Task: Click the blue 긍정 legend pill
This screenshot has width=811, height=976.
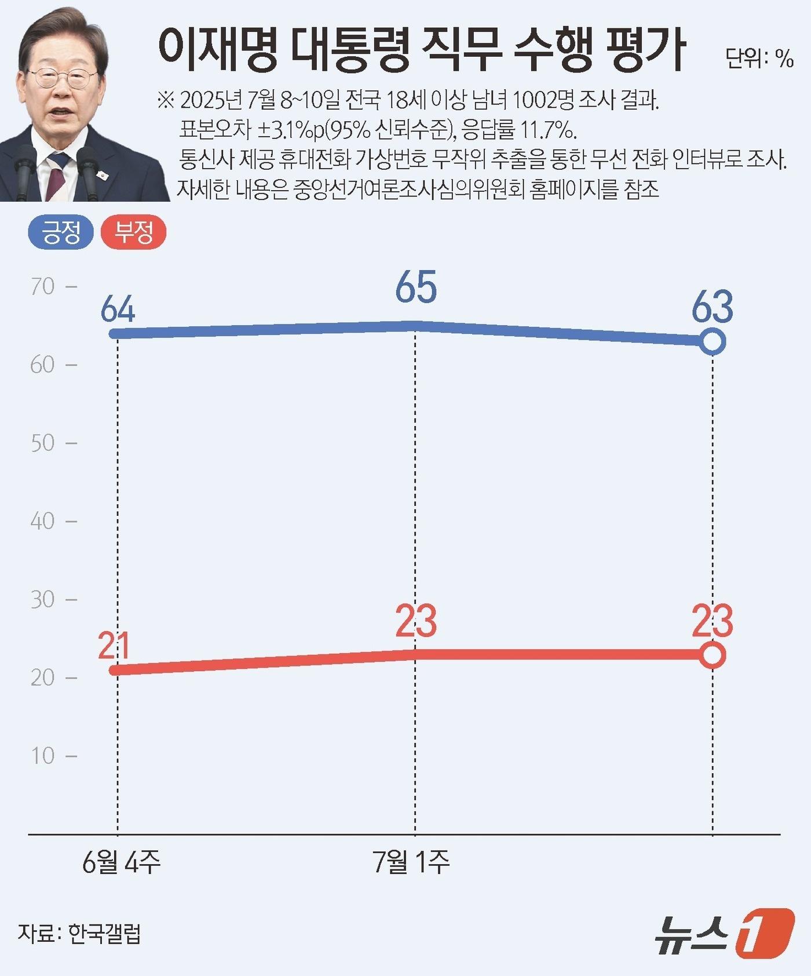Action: [x=61, y=233]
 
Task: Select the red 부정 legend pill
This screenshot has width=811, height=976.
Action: [x=133, y=233]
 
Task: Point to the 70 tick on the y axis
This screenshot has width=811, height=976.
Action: [x=43, y=286]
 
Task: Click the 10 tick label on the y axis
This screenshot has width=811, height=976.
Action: [x=43, y=756]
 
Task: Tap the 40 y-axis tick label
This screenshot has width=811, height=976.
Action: [x=43, y=521]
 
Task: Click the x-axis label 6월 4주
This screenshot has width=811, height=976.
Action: [x=121, y=862]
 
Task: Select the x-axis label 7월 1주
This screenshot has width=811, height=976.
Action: [x=411, y=862]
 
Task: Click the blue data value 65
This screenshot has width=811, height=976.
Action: [x=416, y=288]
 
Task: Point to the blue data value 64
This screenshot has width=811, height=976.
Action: [x=118, y=309]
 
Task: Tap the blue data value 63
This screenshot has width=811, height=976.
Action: [x=713, y=307]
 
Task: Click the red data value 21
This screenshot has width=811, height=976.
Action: [x=114, y=646]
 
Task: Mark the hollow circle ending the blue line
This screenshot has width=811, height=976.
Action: [x=713, y=342]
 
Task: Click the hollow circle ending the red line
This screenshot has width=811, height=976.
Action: [x=713, y=655]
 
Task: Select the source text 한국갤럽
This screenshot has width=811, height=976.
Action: [x=104, y=933]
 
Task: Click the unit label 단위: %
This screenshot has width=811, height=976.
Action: [x=759, y=58]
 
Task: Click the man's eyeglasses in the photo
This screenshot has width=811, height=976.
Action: [x=62, y=78]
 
